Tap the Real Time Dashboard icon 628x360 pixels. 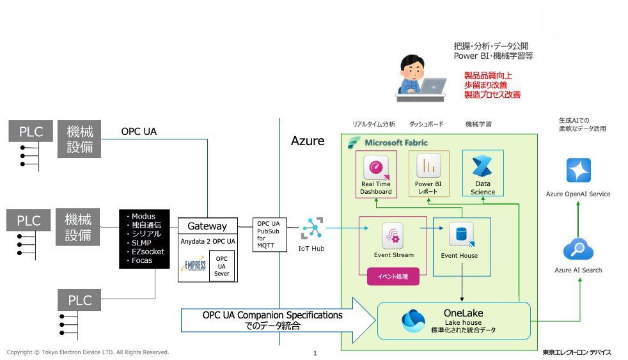[x=375, y=168]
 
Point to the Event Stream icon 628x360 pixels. [x=391, y=236]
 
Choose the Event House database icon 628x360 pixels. [x=460, y=235]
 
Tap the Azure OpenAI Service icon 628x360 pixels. [x=578, y=171]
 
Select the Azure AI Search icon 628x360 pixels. [x=578, y=250]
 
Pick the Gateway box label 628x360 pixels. [x=207, y=226]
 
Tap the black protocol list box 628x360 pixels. [x=144, y=239]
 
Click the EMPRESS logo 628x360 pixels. [x=194, y=265]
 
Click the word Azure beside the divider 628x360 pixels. [x=308, y=141]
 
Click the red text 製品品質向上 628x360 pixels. [x=487, y=75]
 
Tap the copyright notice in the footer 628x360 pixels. [x=88, y=352]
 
